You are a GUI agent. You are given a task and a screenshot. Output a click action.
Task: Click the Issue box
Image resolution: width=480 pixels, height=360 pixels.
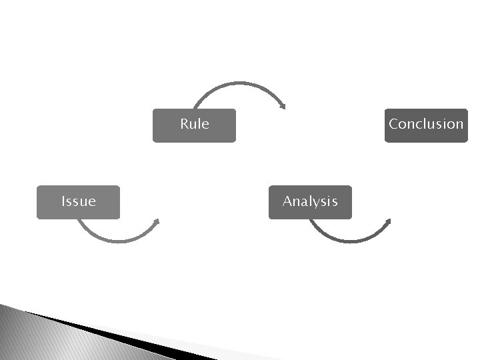pos(78,202)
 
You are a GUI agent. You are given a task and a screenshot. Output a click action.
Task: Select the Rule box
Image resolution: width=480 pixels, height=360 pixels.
pos(194,125)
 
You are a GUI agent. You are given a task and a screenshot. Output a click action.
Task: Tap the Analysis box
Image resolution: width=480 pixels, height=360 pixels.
pos(310,202)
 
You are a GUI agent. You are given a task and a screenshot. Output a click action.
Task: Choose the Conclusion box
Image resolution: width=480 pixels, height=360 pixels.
pos(426,125)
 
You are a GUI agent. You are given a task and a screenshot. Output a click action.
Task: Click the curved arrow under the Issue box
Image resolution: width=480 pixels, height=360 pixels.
pos(117,240)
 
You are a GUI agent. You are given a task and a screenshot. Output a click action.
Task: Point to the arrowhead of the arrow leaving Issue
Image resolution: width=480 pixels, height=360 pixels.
pos(157,222)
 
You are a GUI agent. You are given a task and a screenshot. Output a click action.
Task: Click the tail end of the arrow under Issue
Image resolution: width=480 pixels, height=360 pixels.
pos(79,221)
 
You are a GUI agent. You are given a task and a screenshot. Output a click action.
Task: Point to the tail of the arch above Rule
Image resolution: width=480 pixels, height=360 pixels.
pos(194,107)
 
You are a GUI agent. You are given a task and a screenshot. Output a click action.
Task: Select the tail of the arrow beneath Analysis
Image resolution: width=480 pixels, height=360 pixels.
pos(311,221)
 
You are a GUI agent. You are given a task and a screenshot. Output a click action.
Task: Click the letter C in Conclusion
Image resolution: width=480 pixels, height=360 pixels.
pos(394,124)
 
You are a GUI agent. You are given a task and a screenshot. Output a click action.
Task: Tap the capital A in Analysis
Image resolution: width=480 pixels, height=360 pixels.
pos(287,201)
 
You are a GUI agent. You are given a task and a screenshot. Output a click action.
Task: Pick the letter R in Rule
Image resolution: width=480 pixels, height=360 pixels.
pos(185,124)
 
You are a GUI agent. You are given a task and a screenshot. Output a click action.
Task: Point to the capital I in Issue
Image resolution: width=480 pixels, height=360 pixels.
pos(63,201)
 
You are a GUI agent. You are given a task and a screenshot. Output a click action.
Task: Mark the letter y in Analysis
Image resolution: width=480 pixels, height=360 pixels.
pos(317,203)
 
